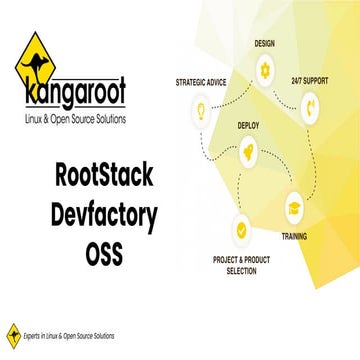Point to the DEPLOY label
[x=249, y=126]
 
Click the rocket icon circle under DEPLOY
[x=249, y=152]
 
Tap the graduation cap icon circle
[x=296, y=209]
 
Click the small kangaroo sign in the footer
[x=13, y=335]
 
